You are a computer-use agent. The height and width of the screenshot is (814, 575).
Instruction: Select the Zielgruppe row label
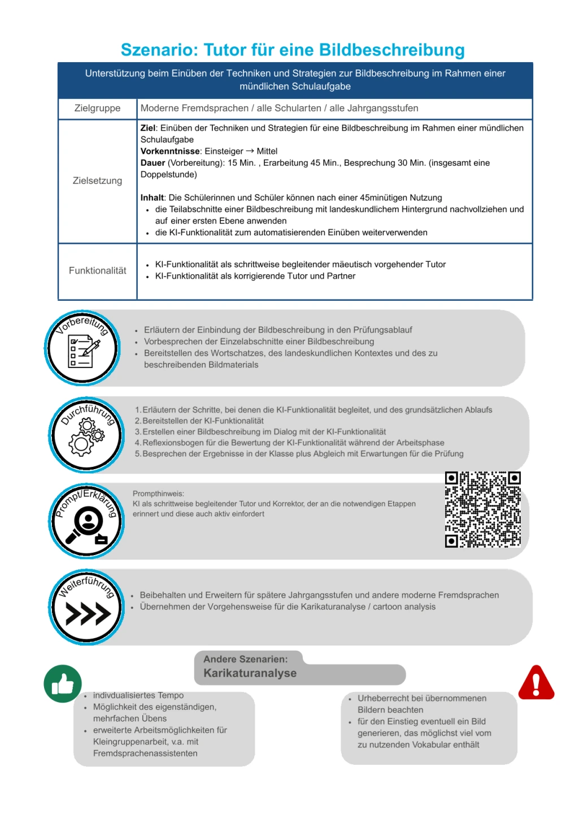[97, 108]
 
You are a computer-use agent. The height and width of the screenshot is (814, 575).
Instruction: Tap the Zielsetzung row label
[97, 180]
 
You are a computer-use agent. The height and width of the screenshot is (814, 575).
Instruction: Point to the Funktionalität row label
[97, 270]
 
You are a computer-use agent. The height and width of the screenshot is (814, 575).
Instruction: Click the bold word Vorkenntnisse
[170, 151]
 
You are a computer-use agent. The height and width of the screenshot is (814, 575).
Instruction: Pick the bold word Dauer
[153, 163]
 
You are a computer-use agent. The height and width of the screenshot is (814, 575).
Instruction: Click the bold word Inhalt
[153, 197]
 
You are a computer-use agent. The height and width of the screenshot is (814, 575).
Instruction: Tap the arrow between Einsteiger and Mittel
[250, 151]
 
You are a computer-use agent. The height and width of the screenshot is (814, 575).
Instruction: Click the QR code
[482, 509]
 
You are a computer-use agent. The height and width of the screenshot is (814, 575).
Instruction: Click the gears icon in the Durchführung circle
[86, 437]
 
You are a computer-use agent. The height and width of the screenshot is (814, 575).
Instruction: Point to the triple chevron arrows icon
[88, 613]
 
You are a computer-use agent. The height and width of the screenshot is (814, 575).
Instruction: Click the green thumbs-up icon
[63, 683]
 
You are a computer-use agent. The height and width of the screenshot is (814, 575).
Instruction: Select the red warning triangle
[536, 683]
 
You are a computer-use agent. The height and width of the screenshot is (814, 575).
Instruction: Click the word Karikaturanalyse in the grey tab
[250, 673]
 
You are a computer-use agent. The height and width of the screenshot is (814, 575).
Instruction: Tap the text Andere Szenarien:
[245, 659]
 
